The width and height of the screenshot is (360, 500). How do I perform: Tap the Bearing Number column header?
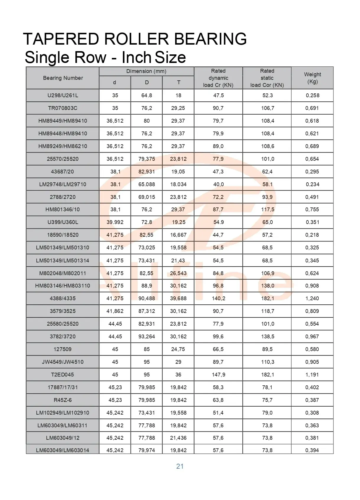coord(63,78)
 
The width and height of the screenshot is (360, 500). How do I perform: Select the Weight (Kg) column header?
coord(312,78)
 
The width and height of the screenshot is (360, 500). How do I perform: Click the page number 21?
coord(180,466)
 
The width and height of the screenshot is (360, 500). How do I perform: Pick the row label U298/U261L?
coord(63,95)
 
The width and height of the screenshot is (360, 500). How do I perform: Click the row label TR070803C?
coord(63,108)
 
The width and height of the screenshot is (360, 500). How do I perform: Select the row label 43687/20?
coord(63,172)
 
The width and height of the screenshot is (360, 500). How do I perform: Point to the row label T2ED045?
coord(63,375)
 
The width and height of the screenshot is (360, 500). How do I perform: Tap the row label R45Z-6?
coord(63,400)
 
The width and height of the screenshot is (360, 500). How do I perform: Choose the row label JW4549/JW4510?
coord(63,362)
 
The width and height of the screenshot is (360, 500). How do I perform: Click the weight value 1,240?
coord(312,298)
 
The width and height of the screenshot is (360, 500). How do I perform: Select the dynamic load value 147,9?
coord(219,375)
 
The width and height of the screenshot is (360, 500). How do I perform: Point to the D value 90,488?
coord(147,298)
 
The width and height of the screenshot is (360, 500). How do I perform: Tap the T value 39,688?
coord(178,298)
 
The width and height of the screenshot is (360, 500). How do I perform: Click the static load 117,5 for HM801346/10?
coord(268,210)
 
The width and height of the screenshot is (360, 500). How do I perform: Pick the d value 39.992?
coord(115,222)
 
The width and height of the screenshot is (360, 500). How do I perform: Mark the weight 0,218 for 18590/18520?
coord(312,235)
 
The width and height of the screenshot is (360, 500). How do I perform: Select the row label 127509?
coord(63,349)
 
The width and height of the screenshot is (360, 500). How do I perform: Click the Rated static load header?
coord(267,78)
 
